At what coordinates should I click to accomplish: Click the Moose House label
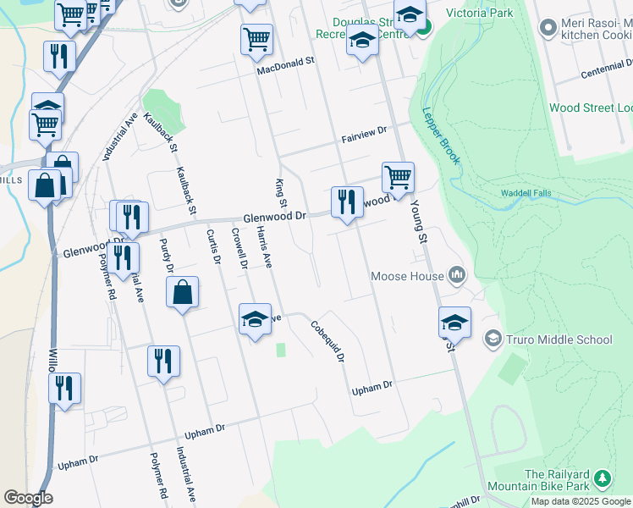pyautogui.click(x=408, y=276)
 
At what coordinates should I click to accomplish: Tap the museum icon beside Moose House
pyautogui.click(x=457, y=275)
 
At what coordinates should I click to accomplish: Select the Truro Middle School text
pyautogui.click(x=559, y=340)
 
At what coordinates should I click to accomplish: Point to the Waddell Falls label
pyautogui.click(x=526, y=193)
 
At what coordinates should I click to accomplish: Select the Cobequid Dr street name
pyautogui.click(x=327, y=341)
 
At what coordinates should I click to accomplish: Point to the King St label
pyautogui.click(x=281, y=191)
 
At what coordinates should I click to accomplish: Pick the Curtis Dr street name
pyautogui.click(x=212, y=246)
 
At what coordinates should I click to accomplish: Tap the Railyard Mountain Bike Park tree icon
pyautogui.click(x=602, y=479)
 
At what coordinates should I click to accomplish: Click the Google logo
pyautogui.click(x=28, y=498)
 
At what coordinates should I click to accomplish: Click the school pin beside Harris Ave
pyautogui.click(x=255, y=319)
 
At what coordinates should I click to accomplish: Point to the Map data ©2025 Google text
pyautogui.click(x=581, y=501)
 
